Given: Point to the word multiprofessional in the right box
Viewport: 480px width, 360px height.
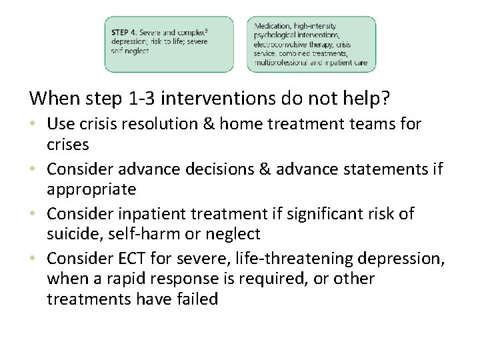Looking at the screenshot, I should pyautogui.click(x=280, y=63).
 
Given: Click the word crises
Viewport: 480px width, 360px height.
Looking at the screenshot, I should pyautogui.click(x=68, y=145).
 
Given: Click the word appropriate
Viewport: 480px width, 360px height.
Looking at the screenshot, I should pyautogui.click(x=91, y=189).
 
